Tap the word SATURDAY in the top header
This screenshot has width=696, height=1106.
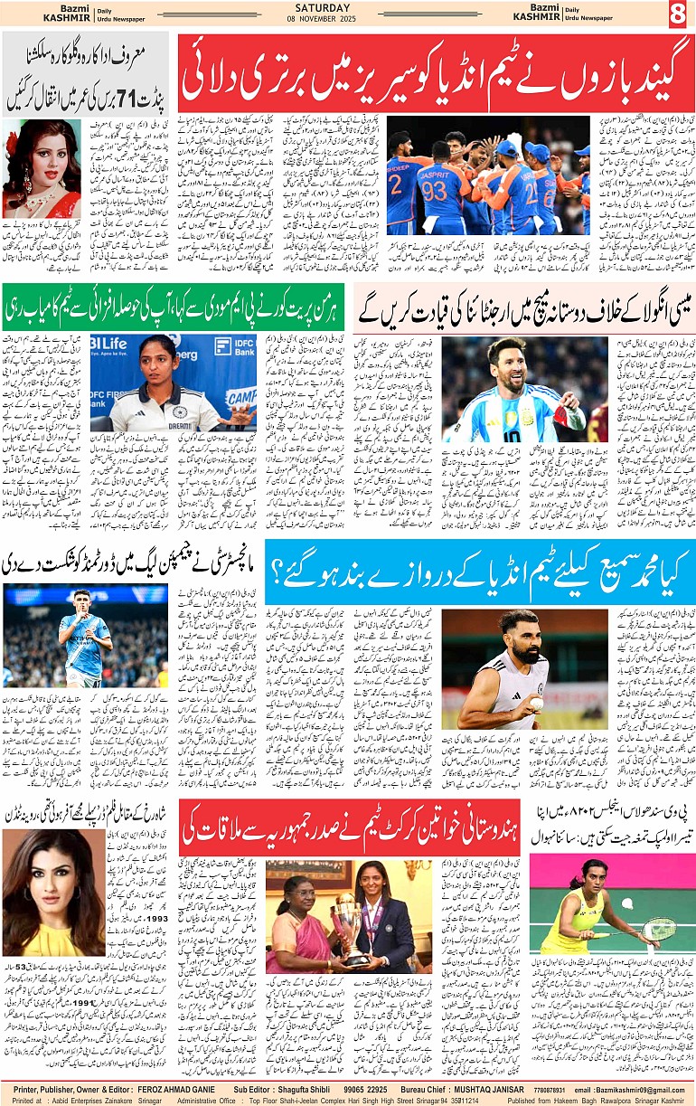[x=347, y=8]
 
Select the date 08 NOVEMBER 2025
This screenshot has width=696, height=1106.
[x=347, y=20]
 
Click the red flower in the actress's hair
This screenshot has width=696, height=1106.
[x=12, y=142]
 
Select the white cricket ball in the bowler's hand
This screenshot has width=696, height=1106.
[x=535, y=703]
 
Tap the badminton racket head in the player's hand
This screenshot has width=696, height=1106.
[x=659, y=930]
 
